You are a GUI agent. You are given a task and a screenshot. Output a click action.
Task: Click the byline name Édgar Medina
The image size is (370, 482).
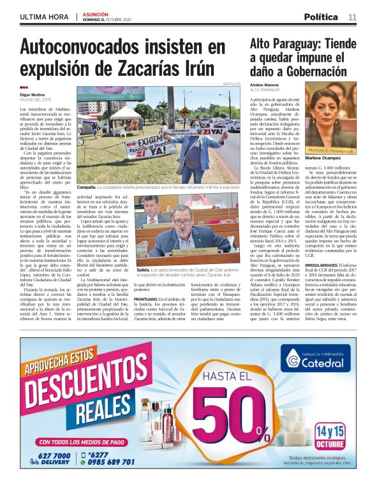[x=35, y=96]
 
